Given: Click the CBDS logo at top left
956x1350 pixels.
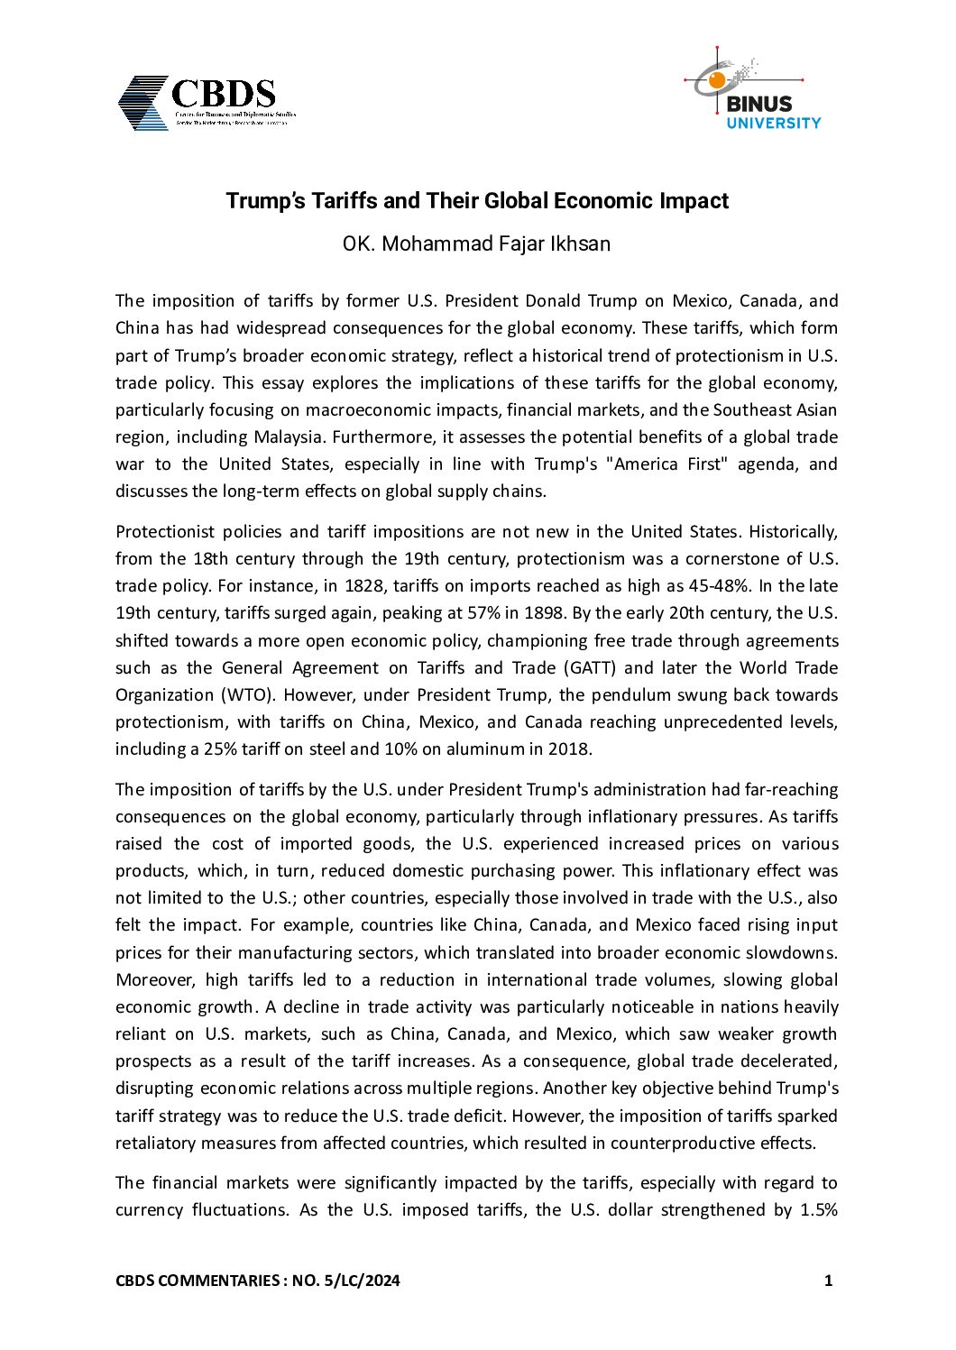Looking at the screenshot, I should pos(207,102).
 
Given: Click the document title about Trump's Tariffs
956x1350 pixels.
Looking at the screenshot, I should pos(476,200).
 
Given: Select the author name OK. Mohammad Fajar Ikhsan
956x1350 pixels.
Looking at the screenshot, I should pos(476,243).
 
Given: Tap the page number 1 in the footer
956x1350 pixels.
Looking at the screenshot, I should pos(828,1281).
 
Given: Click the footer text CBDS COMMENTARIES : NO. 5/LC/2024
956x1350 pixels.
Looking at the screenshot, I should pos(258,1281).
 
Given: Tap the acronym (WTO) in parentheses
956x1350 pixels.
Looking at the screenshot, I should pos(216,695).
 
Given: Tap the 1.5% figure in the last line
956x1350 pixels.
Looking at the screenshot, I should pos(819,1210).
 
